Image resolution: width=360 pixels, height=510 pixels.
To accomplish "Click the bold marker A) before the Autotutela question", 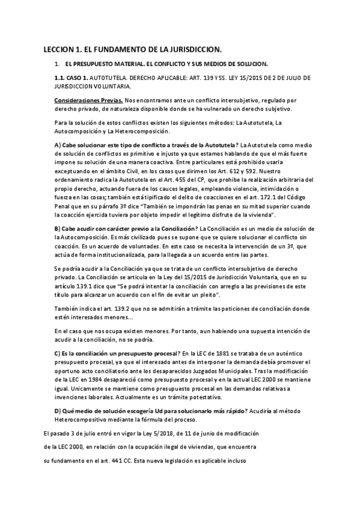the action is tap(58, 145).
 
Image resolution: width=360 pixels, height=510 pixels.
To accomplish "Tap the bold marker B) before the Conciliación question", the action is tap(58, 228).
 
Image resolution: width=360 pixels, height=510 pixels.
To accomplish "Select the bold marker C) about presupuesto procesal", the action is tap(58, 352).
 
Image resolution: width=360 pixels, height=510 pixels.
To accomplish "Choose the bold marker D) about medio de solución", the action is tap(58, 410).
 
